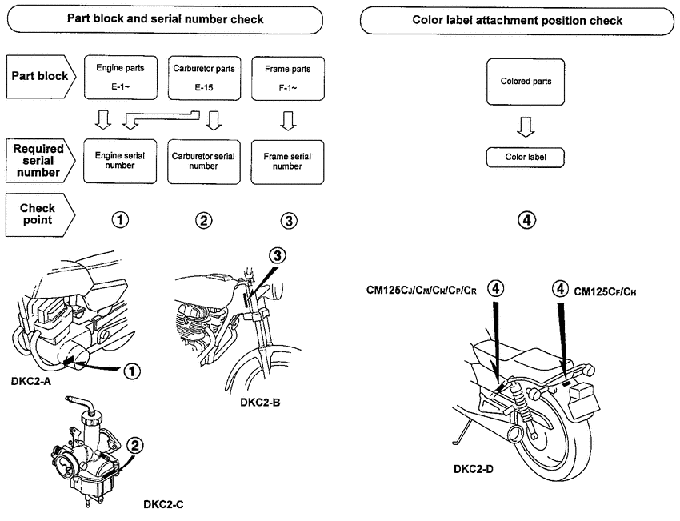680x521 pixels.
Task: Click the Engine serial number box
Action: click(119, 162)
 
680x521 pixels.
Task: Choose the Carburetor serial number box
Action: click(203, 162)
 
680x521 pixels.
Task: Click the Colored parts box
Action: click(526, 82)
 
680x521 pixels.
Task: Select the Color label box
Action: click(526, 157)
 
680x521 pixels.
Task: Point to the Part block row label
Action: click(38, 77)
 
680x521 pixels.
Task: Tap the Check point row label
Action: click(38, 214)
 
